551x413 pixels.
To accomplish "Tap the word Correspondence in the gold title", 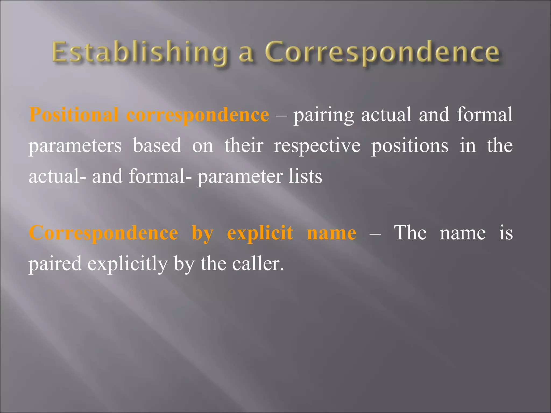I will point(382,52).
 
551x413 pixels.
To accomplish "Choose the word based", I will point(157,145).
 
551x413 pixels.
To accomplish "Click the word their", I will point(244,145).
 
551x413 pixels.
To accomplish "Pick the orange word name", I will point(331,233).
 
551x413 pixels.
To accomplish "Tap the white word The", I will point(410,232).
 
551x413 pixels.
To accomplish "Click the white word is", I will point(506,232).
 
